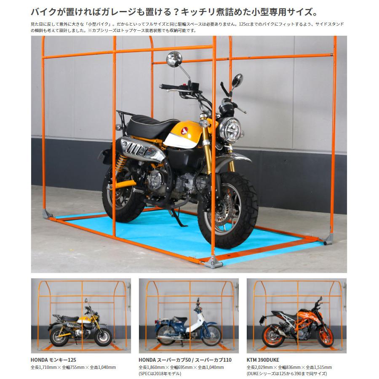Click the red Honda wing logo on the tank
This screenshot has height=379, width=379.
184,131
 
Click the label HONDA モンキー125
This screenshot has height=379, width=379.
53,360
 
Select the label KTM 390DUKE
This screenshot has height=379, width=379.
263,360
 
